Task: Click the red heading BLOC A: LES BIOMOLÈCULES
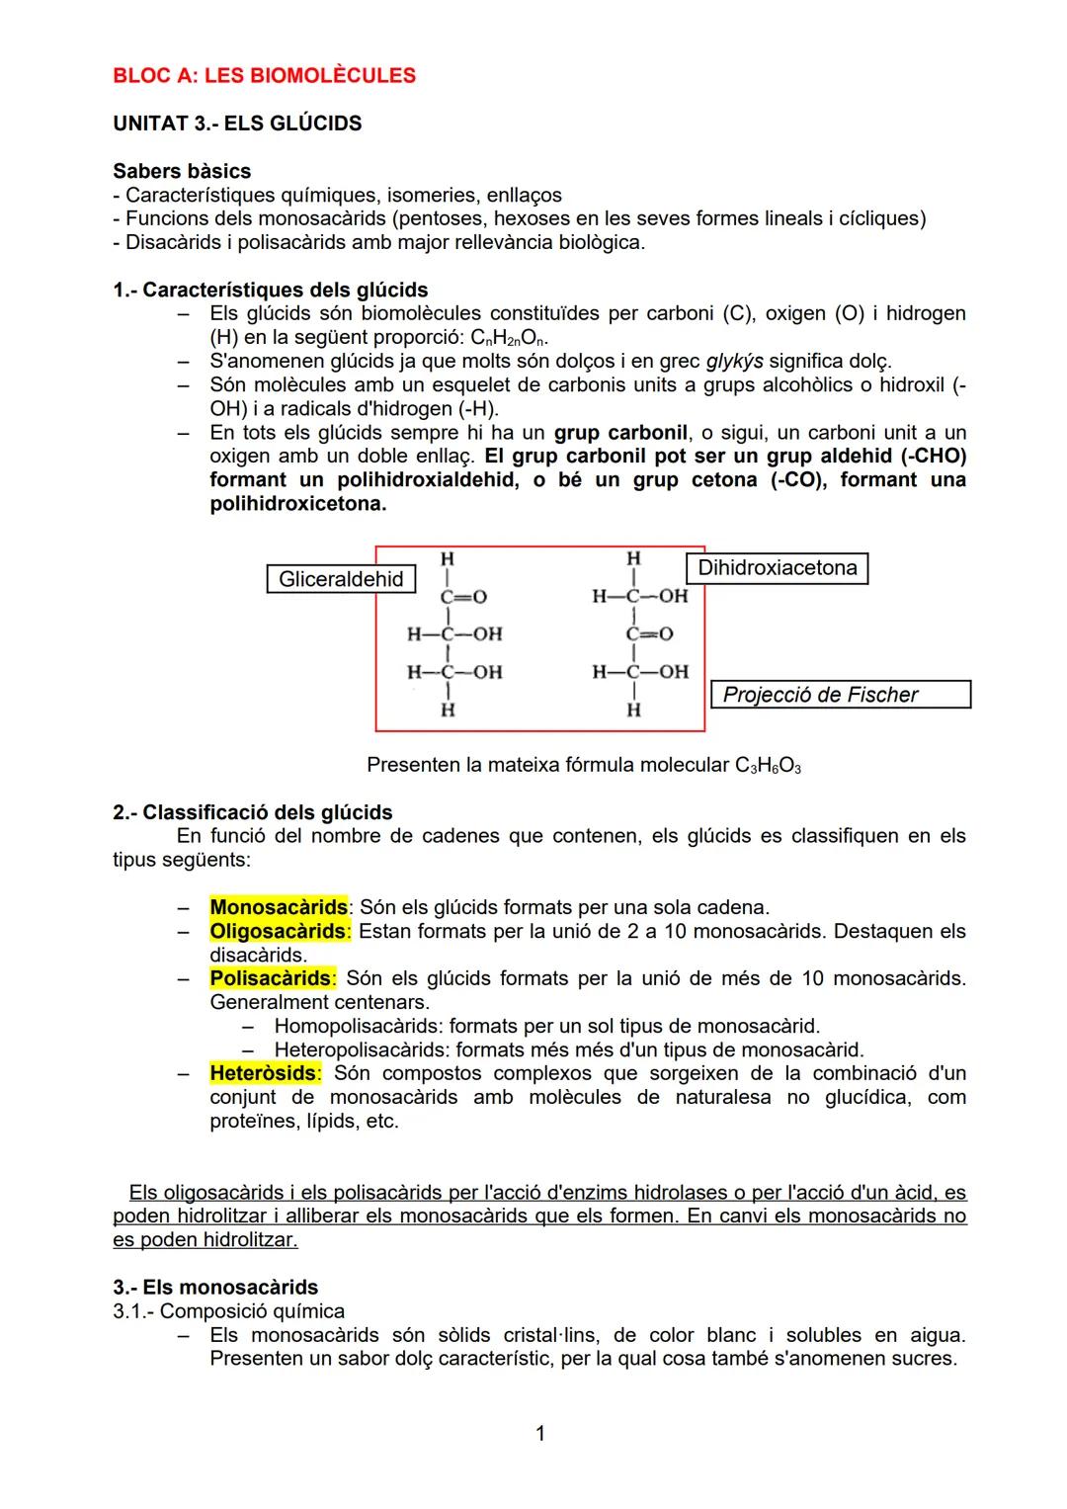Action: [264, 76]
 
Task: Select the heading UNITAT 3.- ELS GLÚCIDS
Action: [237, 124]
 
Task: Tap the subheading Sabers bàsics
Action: [182, 171]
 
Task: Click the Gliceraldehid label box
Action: [341, 579]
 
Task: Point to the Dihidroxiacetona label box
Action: [777, 568]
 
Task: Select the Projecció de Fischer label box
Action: [840, 695]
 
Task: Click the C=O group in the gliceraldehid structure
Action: [462, 597]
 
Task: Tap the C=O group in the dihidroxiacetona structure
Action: [648, 634]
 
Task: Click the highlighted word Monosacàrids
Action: [279, 907]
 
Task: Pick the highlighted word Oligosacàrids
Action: [278, 931]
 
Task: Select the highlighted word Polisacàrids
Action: [271, 978]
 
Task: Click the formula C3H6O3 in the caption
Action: [768, 766]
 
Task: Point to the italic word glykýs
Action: [734, 362]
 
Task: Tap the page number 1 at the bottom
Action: [539, 1433]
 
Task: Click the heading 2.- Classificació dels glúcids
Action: [252, 812]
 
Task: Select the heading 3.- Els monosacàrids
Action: [215, 1287]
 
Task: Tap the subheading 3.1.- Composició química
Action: [228, 1311]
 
